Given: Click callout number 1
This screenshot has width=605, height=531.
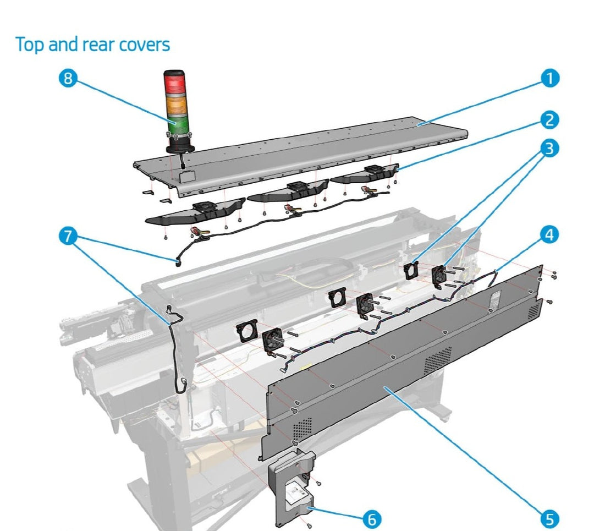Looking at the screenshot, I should coord(548,79).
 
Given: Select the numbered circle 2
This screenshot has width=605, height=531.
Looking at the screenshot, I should coord(548,120).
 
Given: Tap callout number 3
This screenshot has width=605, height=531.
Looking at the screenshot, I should coord(548,149).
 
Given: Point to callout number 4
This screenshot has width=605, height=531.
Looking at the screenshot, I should coord(548,235).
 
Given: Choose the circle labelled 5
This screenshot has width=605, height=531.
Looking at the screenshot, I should coord(548,518).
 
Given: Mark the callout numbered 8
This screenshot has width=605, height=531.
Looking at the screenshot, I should coord(68,79).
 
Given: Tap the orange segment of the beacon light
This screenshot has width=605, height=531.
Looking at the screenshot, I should coord(175,104).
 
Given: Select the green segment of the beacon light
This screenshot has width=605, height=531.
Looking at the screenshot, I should coord(175,124).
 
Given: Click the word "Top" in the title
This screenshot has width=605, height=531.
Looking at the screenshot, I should coord(31,44).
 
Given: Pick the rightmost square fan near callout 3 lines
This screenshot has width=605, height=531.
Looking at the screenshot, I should coord(439,275).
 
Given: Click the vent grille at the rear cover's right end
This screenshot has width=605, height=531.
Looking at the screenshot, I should coord(533,311).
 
